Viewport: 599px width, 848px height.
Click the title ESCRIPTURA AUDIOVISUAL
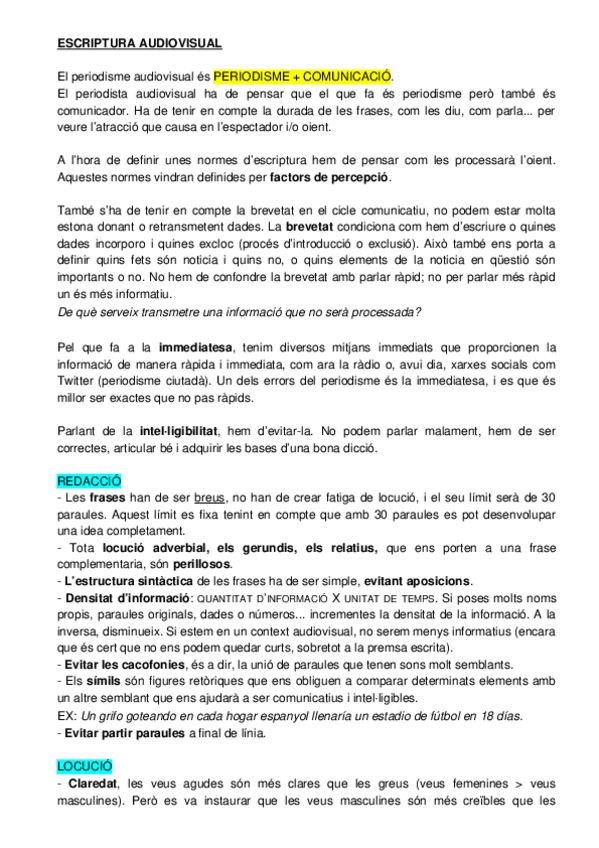click(138, 43)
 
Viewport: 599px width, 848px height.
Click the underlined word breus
click(210, 498)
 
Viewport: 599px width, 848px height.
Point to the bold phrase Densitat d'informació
click(123, 600)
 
